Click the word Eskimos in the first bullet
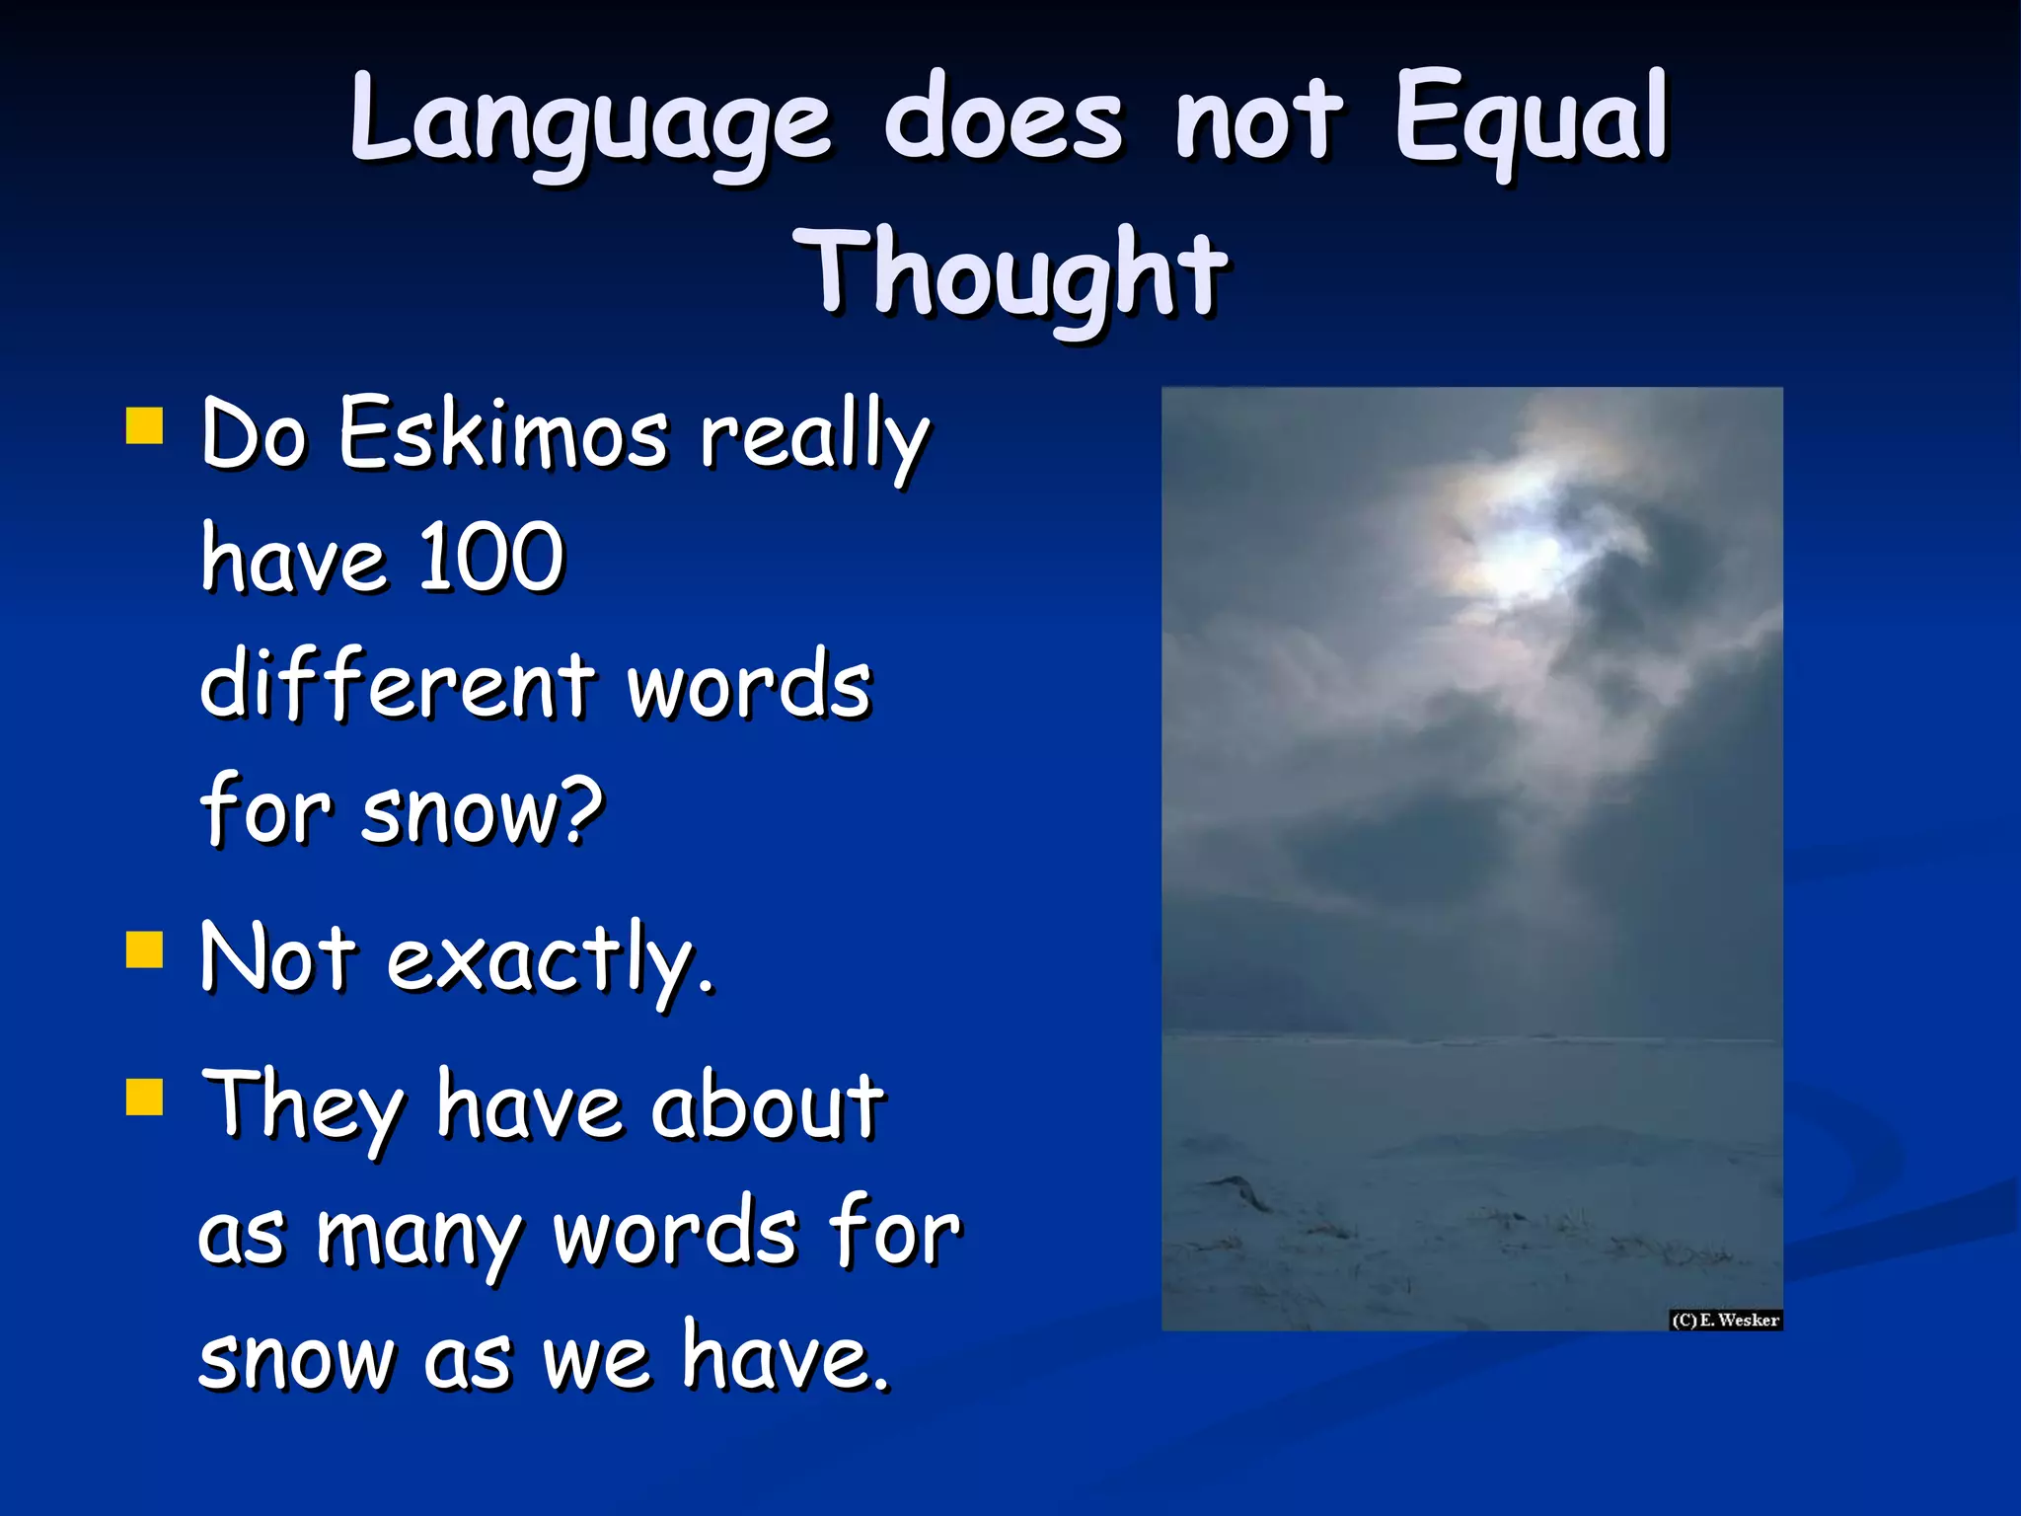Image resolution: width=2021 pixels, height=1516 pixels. [503, 434]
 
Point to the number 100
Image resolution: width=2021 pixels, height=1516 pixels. [490, 559]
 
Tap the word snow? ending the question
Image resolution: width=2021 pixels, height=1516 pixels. [482, 809]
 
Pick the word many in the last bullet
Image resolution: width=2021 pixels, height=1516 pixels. [418, 1234]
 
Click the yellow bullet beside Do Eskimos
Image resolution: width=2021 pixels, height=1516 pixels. [145, 427]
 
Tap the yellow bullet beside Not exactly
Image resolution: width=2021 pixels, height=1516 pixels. [145, 950]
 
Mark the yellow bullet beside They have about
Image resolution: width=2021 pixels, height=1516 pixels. [145, 1095]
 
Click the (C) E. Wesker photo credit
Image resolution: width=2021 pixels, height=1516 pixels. [1725, 1320]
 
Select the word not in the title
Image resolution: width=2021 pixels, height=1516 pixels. [1258, 120]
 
